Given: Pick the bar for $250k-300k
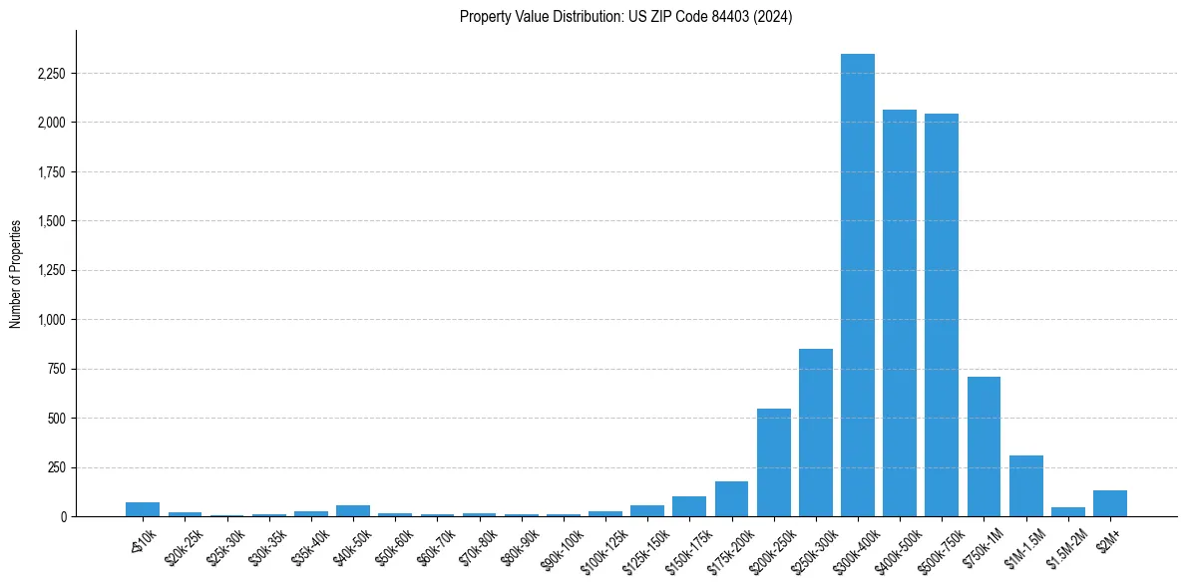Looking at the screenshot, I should (816, 433).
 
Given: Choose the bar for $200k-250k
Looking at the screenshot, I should (774, 462).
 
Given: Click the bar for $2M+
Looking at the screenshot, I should (1110, 503).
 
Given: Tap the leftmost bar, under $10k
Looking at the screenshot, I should (143, 509).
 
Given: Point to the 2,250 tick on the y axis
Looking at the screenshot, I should (51, 74).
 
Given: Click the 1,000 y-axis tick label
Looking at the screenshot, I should (51, 320).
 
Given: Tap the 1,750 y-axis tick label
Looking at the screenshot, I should (51, 172).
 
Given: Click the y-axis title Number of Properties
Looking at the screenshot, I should (16, 274).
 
